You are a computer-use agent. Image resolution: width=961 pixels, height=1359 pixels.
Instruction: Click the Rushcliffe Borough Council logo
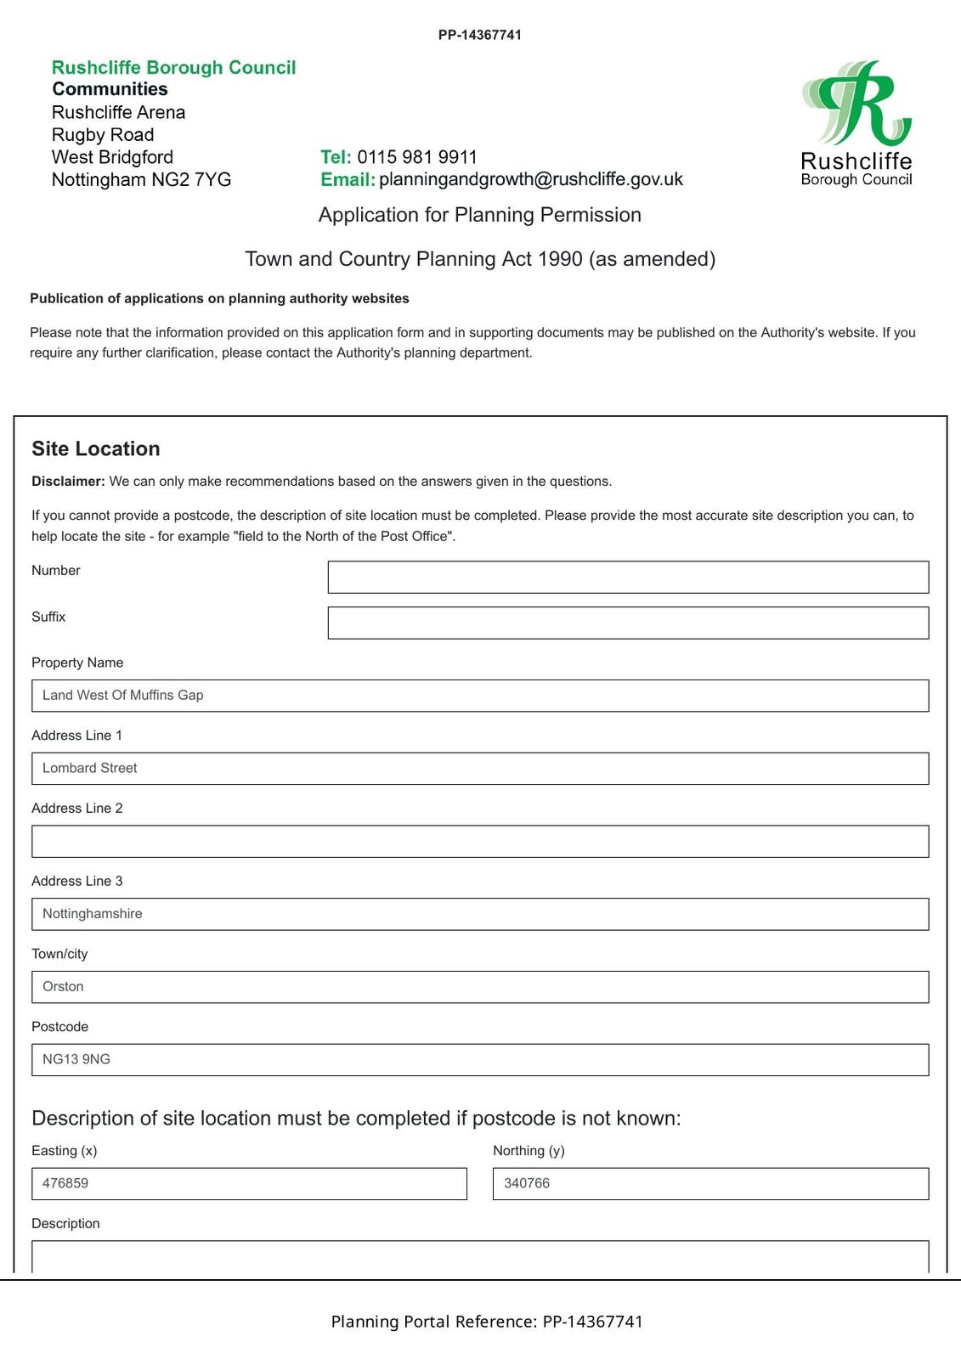click(x=856, y=123)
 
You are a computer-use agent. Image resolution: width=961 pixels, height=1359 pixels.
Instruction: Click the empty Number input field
click(x=628, y=577)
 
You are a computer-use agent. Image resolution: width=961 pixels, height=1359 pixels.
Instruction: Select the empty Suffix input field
click(x=628, y=623)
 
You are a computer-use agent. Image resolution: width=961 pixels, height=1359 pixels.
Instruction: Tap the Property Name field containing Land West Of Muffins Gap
click(x=480, y=696)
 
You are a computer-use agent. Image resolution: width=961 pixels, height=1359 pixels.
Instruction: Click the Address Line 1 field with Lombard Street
click(x=480, y=769)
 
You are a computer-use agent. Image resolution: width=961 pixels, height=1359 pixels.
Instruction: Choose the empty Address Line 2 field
click(x=480, y=841)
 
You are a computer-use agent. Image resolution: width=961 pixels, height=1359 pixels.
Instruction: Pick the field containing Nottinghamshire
click(x=480, y=914)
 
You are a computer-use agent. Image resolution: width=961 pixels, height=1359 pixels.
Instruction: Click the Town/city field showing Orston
click(x=480, y=987)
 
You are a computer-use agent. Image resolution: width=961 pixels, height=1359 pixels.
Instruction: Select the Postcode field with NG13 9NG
click(x=480, y=1060)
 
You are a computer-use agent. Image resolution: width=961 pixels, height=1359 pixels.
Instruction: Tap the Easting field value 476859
click(x=249, y=1184)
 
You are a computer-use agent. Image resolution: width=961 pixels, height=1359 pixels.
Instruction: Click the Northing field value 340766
click(x=710, y=1184)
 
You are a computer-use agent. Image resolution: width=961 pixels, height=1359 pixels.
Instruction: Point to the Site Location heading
click(x=96, y=449)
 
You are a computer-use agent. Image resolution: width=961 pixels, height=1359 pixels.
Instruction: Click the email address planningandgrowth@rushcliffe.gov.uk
click(x=531, y=180)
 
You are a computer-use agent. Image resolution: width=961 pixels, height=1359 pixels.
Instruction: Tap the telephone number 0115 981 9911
click(x=417, y=157)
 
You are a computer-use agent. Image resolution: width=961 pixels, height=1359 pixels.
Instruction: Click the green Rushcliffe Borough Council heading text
click(x=174, y=68)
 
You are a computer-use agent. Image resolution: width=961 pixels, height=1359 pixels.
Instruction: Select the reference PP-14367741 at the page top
click(x=480, y=35)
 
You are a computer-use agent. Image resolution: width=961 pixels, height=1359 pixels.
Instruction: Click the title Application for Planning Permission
click(x=480, y=215)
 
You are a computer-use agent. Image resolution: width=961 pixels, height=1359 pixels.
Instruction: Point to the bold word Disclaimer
click(x=68, y=482)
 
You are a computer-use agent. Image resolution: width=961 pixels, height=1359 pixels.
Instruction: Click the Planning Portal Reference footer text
click(x=487, y=1322)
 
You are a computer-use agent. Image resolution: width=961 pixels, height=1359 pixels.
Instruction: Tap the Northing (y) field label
click(x=529, y=1151)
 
